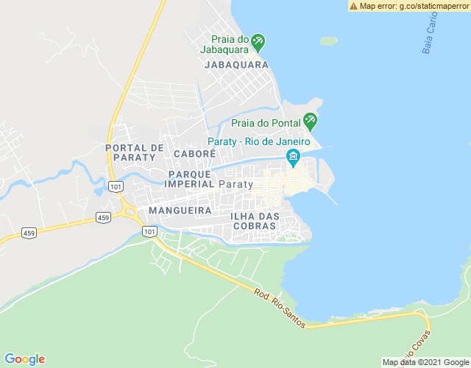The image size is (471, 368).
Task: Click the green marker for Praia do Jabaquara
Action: (258, 41)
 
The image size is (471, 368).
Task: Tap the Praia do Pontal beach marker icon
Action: (311, 119)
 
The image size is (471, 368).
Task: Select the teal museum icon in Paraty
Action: (293, 158)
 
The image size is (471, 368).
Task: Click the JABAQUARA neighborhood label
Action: (235, 65)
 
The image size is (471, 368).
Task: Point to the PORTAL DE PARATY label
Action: (135, 152)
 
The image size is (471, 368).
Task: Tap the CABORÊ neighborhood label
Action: (194, 153)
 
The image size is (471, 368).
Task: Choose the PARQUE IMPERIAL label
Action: (190, 179)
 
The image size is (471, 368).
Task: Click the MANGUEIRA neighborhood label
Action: (180, 210)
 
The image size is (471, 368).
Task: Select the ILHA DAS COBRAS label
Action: (255, 221)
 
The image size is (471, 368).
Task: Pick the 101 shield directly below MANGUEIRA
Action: (150, 231)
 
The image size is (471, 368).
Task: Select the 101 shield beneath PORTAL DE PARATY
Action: (116, 187)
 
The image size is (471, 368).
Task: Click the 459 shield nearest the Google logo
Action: (29, 233)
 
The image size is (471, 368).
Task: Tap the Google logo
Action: (24, 359)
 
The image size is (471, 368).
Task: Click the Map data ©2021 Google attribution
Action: (425, 362)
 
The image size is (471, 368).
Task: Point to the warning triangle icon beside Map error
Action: (354, 6)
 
